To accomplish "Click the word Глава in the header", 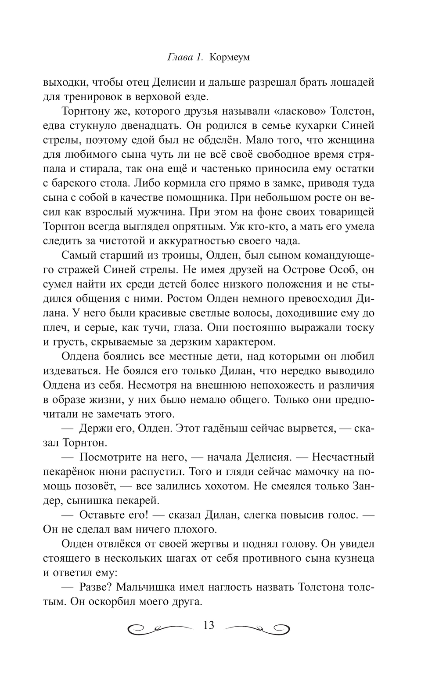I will pyautogui.click(x=179, y=58).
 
